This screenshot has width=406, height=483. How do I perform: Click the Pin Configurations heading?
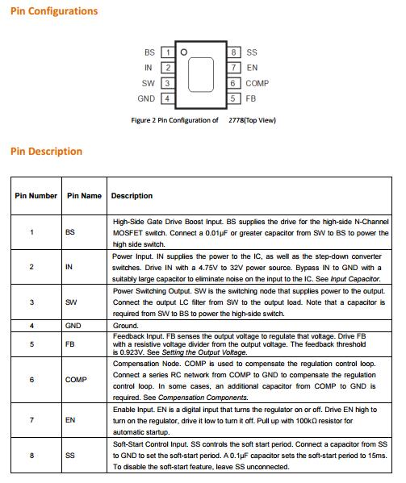[54, 11]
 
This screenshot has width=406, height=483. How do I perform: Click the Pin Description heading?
[46, 152]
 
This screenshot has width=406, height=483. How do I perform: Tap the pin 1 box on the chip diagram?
[168, 52]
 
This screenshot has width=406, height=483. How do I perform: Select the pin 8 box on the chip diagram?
[234, 52]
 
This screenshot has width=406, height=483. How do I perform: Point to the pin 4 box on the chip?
[168, 98]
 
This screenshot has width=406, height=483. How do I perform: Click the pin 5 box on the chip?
[234, 98]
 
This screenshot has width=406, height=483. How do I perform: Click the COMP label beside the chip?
[257, 83]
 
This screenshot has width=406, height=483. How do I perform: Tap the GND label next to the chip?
[146, 98]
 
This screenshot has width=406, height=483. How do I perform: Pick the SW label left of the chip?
[148, 83]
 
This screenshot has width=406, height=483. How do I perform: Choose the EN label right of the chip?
[252, 68]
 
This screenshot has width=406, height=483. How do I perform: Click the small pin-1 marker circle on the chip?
[184, 52]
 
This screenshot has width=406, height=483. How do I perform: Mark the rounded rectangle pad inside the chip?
[201, 74]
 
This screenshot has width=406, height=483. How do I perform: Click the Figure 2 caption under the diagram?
[203, 120]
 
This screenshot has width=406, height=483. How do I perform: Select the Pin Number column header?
[36, 196]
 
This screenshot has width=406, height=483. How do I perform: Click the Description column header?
[132, 196]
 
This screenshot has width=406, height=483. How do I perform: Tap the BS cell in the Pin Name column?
[70, 232]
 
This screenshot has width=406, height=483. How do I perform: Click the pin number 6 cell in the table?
[31, 380]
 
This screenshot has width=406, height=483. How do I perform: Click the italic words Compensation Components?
[203, 398]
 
